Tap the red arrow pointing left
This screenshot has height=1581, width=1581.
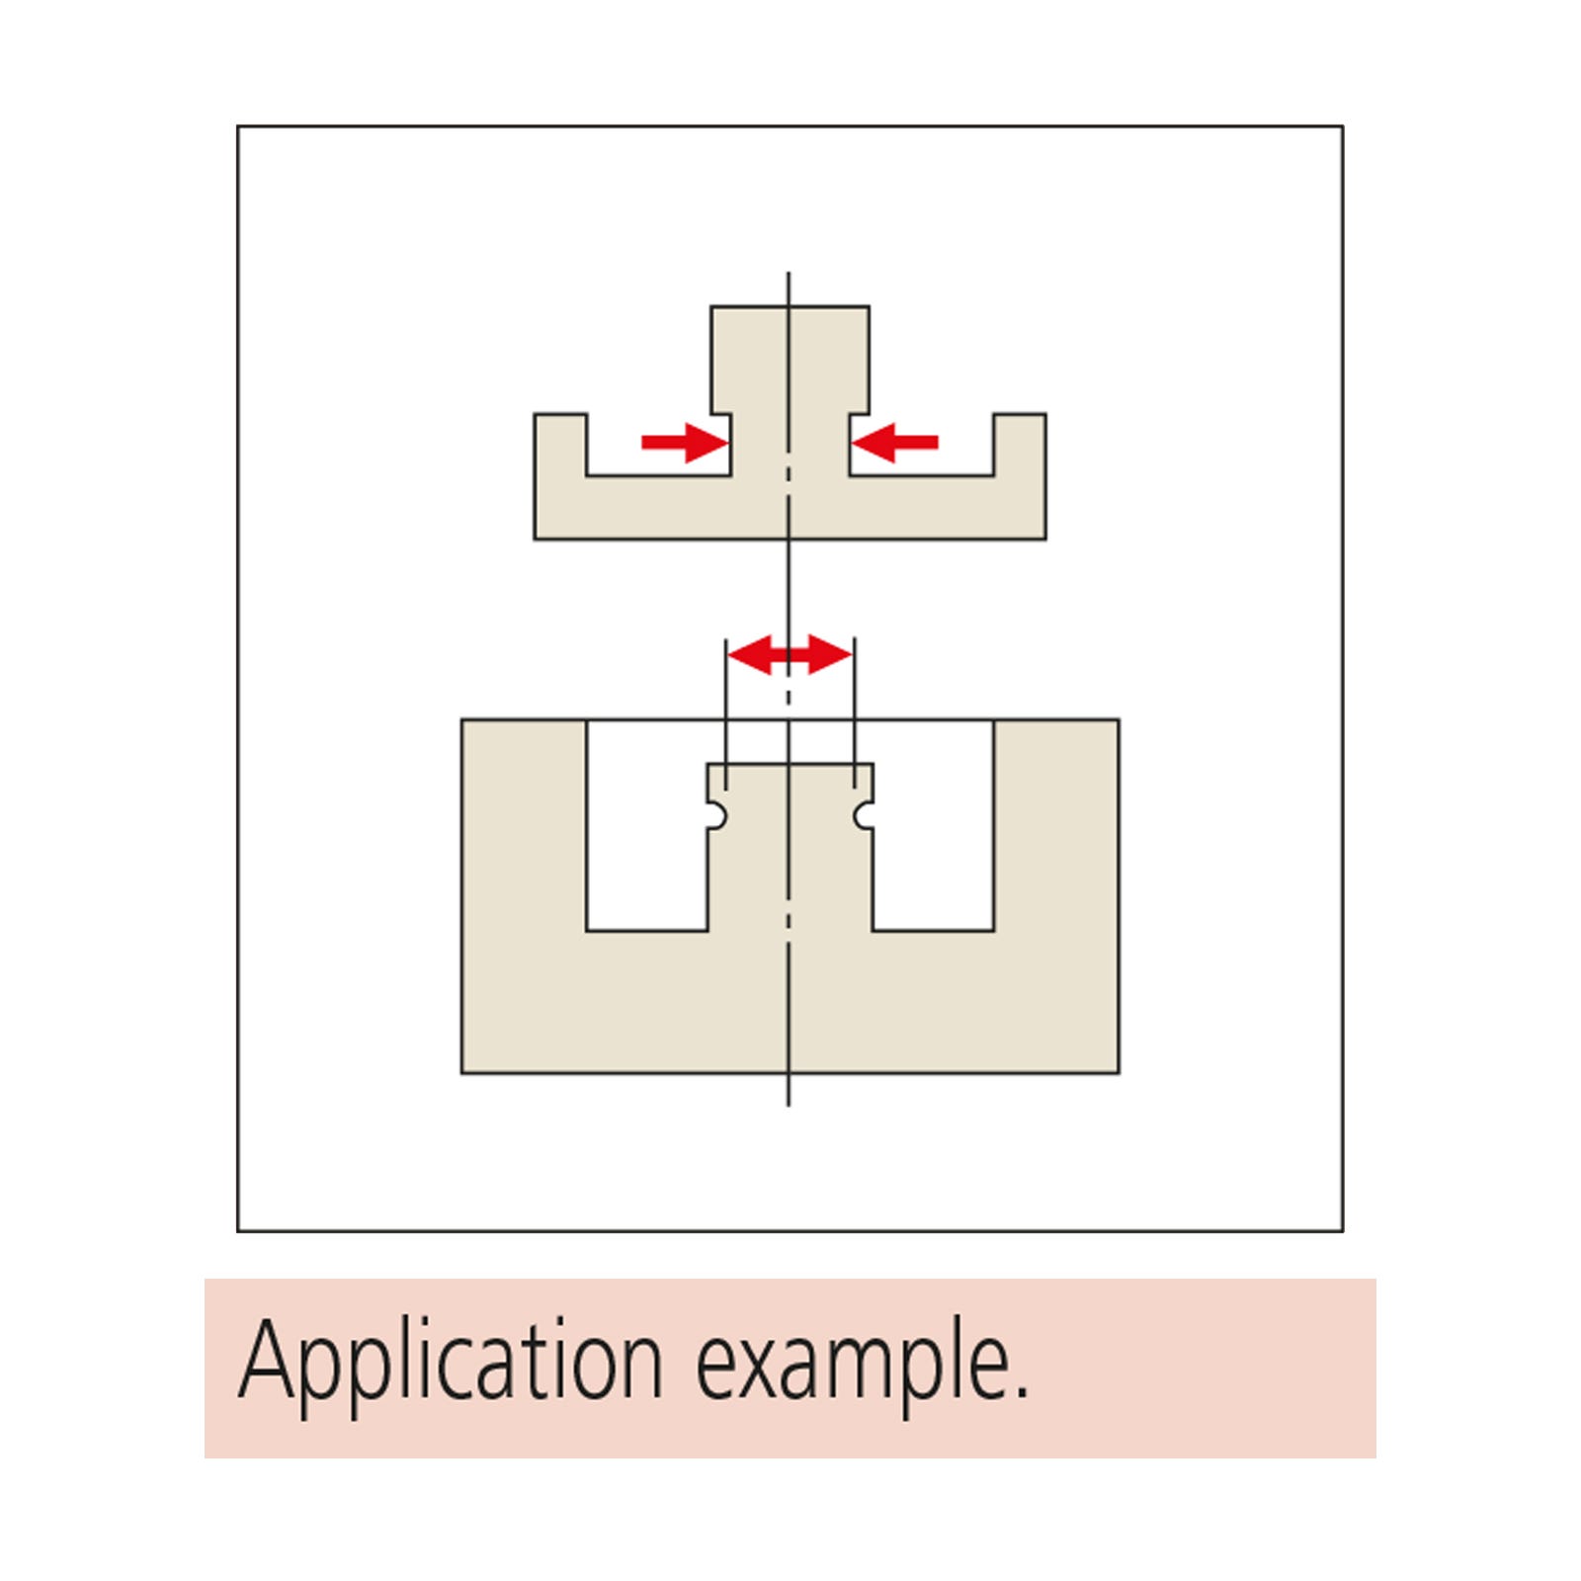coord(895,442)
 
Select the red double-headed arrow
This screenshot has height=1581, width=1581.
coord(790,654)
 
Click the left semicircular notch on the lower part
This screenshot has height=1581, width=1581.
coord(719,814)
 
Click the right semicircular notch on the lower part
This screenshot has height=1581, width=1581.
coord(863,815)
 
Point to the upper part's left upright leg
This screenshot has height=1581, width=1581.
coord(560,445)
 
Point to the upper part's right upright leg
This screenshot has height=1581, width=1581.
coord(1020,445)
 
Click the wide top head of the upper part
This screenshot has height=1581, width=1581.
coord(790,360)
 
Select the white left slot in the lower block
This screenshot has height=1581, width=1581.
coord(647,825)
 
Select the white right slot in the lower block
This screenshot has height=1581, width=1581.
coord(934,825)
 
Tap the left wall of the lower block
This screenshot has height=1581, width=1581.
coord(524,825)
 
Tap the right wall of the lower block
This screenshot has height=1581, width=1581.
coord(1056,825)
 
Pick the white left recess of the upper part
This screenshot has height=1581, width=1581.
coord(659,445)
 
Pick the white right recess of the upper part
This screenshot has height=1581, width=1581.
coord(922,445)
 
